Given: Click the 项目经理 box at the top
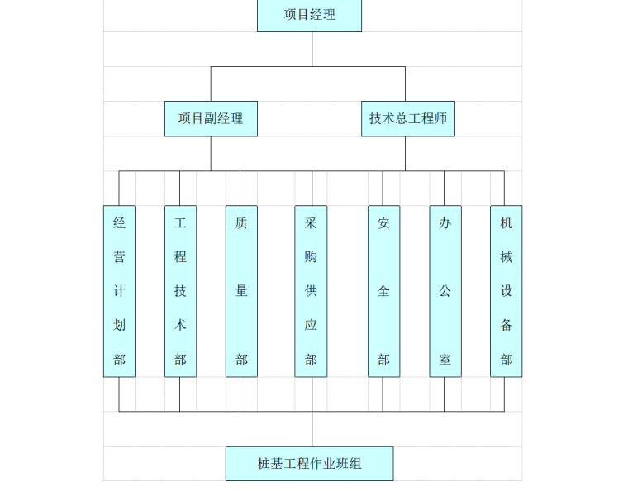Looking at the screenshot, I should pos(309,15).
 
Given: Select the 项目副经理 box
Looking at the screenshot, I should pos(211,118).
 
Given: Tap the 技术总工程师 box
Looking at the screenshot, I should pos(407,118).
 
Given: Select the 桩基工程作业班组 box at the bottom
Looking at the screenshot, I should pos(309,463).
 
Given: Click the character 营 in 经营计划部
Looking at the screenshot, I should pos(119,257).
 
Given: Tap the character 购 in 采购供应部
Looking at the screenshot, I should pos(311,257).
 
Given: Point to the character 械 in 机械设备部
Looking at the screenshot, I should pos(506,257).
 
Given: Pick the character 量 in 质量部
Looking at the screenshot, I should pos(241,291).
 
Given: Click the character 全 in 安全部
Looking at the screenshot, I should pos(383,291).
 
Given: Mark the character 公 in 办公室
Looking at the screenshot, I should pos(445,291).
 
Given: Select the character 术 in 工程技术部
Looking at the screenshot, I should pos(180,325).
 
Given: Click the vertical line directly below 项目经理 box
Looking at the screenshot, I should pos(312,49).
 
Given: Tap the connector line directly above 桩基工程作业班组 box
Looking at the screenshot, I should pos(312,429).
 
